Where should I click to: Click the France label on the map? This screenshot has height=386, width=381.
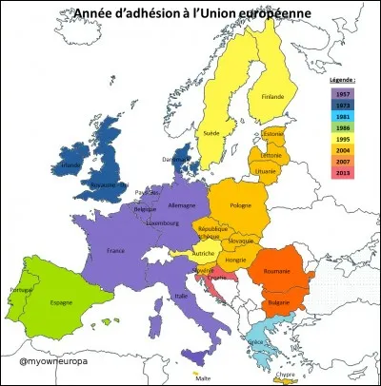[x=116, y=251]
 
